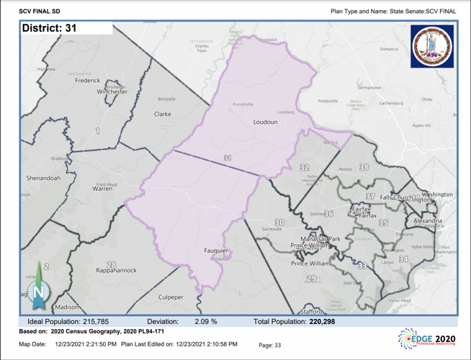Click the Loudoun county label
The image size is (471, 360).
tap(265, 122)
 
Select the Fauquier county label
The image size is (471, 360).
tap(216, 251)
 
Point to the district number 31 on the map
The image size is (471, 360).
tap(228, 158)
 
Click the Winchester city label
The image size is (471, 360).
tap(112, 92)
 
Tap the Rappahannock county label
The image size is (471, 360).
tap(117, 271)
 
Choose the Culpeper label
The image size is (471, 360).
tap(171, 297)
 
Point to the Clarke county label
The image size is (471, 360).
tap(163, 114)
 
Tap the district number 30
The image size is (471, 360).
tap(279, 222)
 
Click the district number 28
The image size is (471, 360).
tap(111, 264)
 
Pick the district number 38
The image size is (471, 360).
tap(364, 167)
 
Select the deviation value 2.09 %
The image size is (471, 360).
tap(206, 322)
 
